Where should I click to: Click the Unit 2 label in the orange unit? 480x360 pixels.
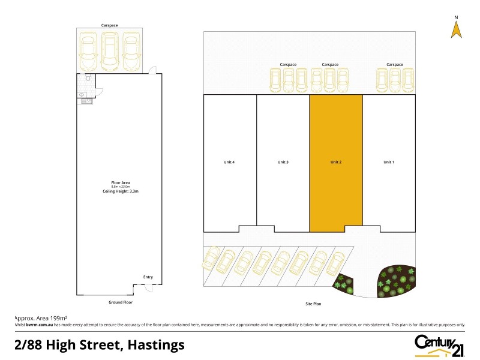pos(335,162)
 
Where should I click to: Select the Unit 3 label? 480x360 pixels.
pos(283,162)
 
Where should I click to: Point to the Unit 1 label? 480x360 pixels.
pos(389,162)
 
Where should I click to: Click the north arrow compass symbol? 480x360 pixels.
pos(456,28)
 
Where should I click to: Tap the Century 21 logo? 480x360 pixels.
pos(440,344)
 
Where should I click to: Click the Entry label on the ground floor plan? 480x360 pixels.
pos(148,277)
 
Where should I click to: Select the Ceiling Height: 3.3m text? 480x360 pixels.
pos(121,191)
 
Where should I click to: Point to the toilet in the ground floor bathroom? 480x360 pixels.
pos(88,79)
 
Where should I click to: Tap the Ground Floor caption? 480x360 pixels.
pos(120,302)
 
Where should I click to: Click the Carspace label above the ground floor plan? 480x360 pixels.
pos(109,26)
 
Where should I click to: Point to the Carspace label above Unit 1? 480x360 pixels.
pos(395,64)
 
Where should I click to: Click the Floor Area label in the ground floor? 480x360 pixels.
pos(121,182)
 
